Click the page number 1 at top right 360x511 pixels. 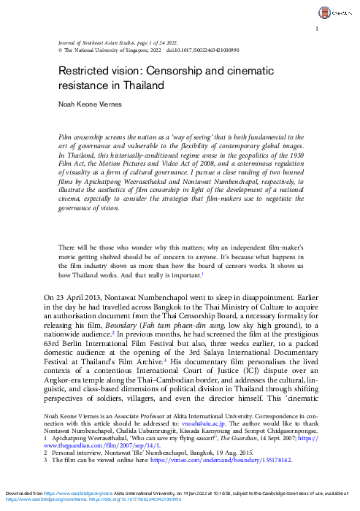tap(316, 28)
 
